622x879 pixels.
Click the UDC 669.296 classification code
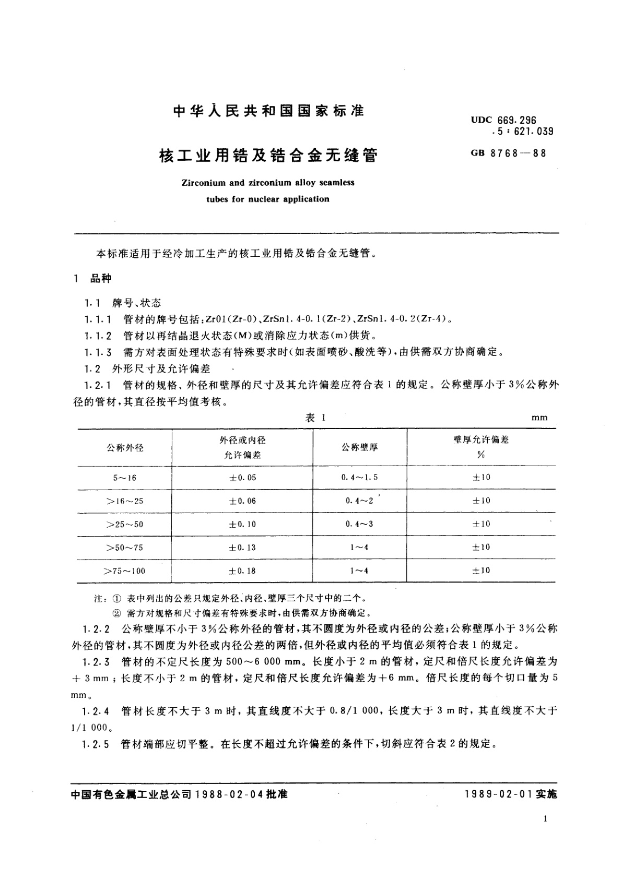(x=503, y=121)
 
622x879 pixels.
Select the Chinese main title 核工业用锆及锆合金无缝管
(x=268, y=156)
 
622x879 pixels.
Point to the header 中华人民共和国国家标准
(x=268, y=111)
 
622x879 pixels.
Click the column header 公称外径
(x=125, y=447)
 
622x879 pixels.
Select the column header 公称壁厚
(x=360, y=447)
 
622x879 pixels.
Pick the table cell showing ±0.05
(x=243, y=478)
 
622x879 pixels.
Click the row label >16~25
(x=125, y=501)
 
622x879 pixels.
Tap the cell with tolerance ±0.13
(x=243, y=548)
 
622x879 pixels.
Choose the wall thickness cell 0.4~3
(x=359, y=524)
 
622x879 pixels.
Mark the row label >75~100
(x=125, y=571)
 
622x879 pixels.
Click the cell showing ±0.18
(x=243, y=571)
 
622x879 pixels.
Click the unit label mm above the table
(x=539, y=418)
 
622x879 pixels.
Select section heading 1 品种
(x=93, y=279)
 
